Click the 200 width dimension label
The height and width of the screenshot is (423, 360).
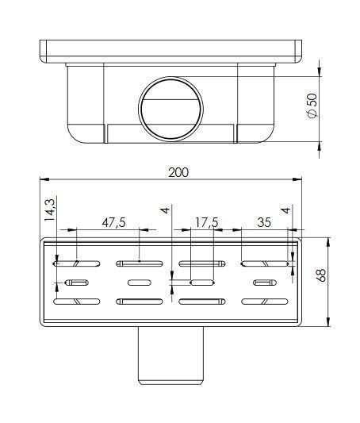[178, 172]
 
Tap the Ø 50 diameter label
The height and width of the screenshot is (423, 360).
[312, 106]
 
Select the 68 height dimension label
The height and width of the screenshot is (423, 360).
[321, 275]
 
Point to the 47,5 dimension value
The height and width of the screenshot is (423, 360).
[113, 223]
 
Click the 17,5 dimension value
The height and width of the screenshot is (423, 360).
[206, 223]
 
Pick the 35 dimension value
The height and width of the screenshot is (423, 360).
[264, 222]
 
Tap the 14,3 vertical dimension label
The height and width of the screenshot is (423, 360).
[50, 210]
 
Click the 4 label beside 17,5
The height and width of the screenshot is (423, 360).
[165, 210]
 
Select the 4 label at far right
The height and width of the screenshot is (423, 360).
[285, 210]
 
